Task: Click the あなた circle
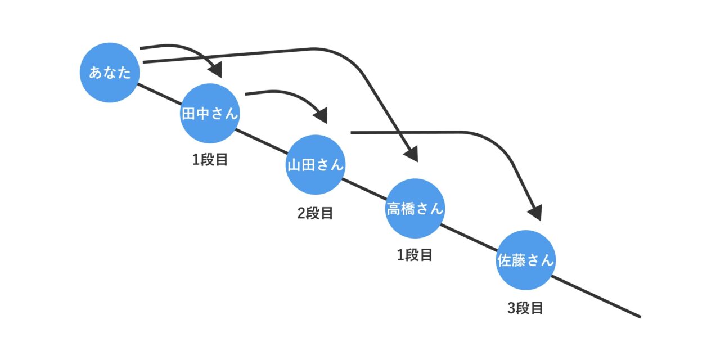(110, 73)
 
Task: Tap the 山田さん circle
(315, 165)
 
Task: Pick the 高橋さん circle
(415, 209)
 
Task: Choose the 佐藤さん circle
(526, 260)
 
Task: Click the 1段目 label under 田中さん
(210, 160)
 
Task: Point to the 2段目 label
(315, 213)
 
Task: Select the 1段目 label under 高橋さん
(415, 255)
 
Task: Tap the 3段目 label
(525, 308)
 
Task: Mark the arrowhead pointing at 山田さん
(321, 116)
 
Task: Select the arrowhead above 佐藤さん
(535, 213)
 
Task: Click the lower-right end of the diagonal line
(640, 317)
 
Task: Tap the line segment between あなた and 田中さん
(159, 94)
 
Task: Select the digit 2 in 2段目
(301, 213)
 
